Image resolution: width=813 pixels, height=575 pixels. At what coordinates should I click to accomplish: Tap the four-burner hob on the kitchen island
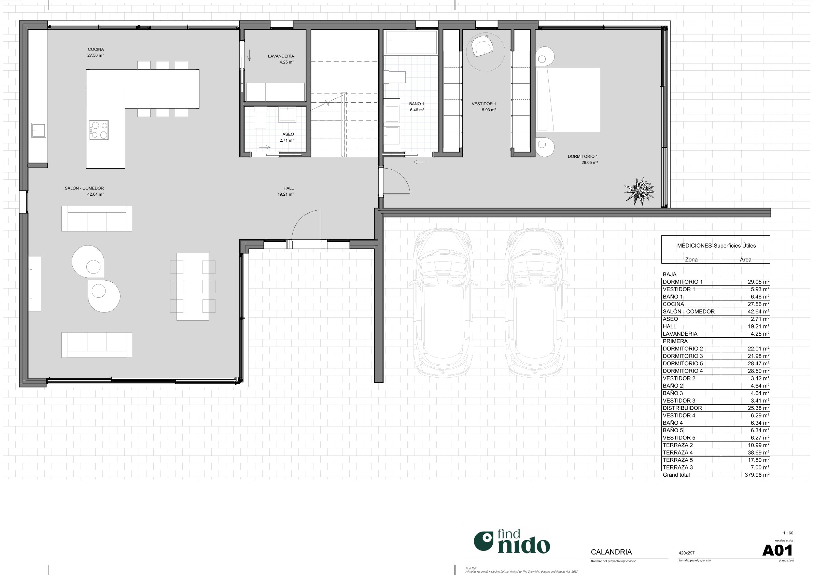[99, 130]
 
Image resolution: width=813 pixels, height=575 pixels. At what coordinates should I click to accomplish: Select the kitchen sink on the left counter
[38, 130]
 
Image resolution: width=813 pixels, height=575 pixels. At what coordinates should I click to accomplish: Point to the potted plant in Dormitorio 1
[640, 191]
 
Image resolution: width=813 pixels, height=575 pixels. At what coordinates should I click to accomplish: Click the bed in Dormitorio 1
[568, 100]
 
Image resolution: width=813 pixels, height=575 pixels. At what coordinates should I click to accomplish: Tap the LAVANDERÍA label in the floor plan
[281, 56]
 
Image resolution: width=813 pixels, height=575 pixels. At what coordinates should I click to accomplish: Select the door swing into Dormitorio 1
[396, 182]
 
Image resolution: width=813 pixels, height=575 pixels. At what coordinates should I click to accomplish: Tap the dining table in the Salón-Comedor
[193, 286]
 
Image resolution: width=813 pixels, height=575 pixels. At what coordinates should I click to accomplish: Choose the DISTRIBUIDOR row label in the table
[682, 408]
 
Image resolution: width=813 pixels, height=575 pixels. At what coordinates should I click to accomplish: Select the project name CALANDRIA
[611, 552]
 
